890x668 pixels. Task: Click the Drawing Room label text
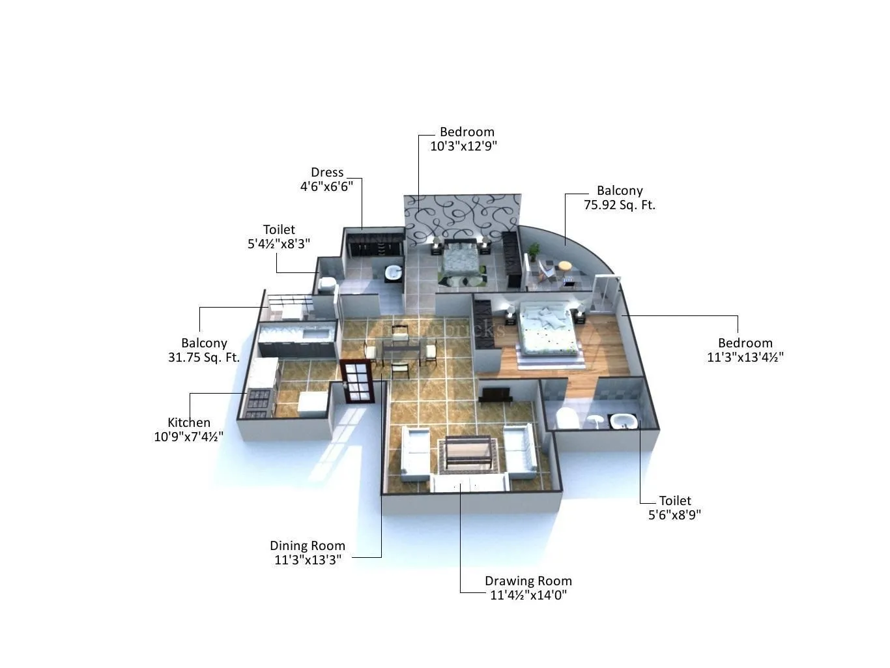pyautogui.click(x=528, y=581)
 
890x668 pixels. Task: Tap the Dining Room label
pyautogui.click(x=308, y=545)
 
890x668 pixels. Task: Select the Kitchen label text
pyautogui.click(x=189, y=422)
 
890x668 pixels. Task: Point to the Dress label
pyautogui.click(x=327, y=173)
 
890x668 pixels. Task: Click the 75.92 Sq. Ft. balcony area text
pyautogui.click(x=620, y=205)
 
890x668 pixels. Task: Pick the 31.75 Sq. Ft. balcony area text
pyautogui.click(x=204, y=357)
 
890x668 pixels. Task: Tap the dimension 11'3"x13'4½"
pyautogui.click(x=745, y=357)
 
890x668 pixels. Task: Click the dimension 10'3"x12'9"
pyautogui.click(x=463, y=146)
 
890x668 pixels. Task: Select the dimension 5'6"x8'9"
pyautogui.click(x=674, y=515)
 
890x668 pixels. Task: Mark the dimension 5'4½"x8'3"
pyautogui.click(x=279, y=244)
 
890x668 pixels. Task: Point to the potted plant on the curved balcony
pyautogui.click(x=534, y=251)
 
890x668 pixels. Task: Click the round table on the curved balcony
pyautogui.click(x=564, y=267)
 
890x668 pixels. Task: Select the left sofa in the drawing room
pyautogui.click(x=416, y=452)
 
